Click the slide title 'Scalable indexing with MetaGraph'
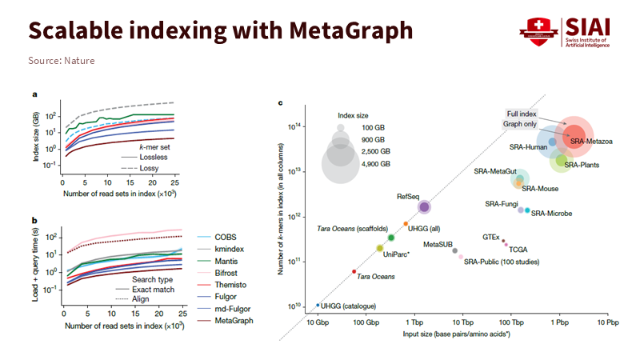coord(220,31)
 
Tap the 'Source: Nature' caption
coord(62,60)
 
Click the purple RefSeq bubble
coord(424,207)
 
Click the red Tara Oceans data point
coord(354,272)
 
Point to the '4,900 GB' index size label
coord(374,163)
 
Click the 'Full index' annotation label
coord(522,114)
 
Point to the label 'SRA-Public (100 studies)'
coord(502,261)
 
